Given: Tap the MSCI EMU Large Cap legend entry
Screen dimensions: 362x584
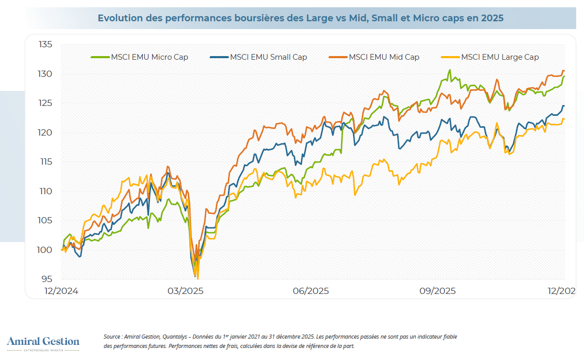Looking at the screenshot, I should point(500,57).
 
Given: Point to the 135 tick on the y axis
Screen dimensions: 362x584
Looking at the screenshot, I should point(46,45).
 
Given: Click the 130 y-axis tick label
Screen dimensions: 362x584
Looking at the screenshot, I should point(46,74).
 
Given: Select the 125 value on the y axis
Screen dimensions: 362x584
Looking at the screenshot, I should point(46,103).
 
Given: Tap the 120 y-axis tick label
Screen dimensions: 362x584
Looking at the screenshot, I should point(46,133).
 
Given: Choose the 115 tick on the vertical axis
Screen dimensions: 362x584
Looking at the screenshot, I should point(46,162).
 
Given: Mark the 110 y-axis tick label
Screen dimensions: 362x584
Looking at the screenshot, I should point(46,191).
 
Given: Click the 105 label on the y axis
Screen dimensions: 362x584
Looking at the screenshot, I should point(46,221).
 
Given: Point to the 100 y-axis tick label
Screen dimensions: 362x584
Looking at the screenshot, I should point(46,250).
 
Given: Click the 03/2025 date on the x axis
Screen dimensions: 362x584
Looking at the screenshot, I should point(185,291).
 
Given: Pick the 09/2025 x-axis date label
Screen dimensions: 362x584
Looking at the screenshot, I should point(438,291).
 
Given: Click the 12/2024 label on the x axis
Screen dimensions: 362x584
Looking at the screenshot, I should point(61,291).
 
